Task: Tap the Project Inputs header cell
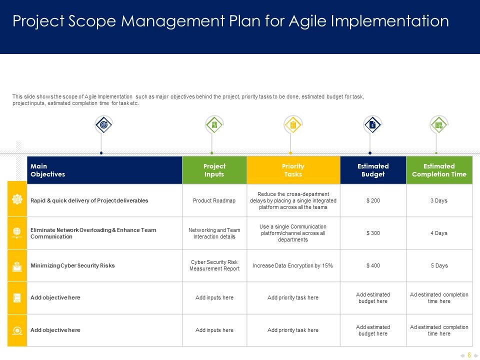pyautogui.click(x=214, y=170)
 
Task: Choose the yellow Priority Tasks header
pyautogui.click(x=293, y=170)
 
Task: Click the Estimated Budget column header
pyautogui.click(x=373, y=170)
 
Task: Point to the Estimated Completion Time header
pyautogui.click(x=439, y=170)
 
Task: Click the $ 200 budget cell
pyautogui.click(x=373, y=200)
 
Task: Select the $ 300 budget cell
pyautogui.click(x=373, y=233)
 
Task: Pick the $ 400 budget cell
pyautogui.click(x=373, y=265)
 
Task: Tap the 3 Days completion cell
pyautogui.click(x=439, y=200)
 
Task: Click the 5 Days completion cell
pyautogui.click(x=439, y=265)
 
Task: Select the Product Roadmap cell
pyautogui.click(x=214, y=200)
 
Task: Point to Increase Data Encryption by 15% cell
pyautogui.click(x=293, y=265)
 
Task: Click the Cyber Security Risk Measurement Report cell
pyautogui.click(x=214, y=265)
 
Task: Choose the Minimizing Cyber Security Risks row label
pyautogui.click(x=72, y=265)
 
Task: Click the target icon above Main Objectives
pyautogui.click(x=104, y=124)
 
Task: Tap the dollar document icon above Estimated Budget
pyautogui.click(x=372, y=124)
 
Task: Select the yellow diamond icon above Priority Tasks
pyautogui.click(x=293, y=124)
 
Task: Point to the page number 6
pyautogui.click(x=469, y=355)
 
